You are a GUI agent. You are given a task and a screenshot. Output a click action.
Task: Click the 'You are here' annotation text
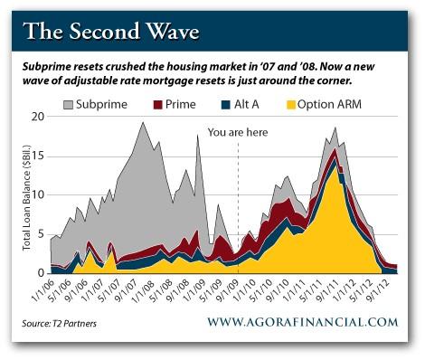tap(238, 132)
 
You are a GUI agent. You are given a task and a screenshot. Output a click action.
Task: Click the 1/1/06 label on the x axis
tap(43, 290)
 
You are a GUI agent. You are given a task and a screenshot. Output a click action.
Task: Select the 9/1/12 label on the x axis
tap(383, 290)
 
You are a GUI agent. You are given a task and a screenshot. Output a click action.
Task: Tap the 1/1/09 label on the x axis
tap(197, 290)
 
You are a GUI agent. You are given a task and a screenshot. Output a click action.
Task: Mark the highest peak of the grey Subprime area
tap(143, 123)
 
